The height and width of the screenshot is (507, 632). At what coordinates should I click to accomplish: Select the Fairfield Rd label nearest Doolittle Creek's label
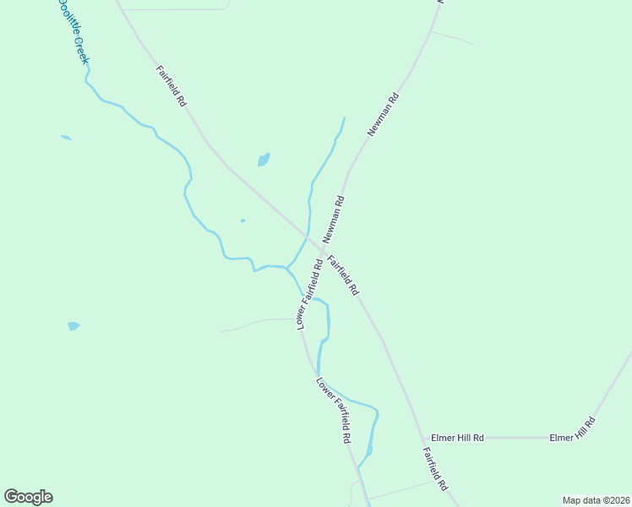[172, 86]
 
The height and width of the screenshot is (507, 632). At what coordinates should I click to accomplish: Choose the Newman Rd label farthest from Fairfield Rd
[383, 115]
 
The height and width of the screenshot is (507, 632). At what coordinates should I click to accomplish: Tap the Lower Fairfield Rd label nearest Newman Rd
[309, 294]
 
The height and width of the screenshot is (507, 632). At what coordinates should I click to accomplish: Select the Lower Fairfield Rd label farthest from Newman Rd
[335, 410]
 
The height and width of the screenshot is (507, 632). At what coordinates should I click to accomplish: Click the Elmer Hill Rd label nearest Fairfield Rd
[457, 438]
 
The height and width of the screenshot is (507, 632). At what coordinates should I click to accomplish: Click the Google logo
[28, 497]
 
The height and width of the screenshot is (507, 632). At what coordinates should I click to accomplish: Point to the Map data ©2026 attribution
[597, 500]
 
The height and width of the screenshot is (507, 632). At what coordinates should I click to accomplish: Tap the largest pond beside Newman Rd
[264, 159]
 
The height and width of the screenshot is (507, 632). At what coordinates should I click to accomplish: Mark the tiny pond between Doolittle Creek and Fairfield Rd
[242, 221]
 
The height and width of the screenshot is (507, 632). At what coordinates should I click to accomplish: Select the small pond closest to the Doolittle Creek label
[66, 137]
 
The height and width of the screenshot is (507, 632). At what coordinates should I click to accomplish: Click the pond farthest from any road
[74, 325]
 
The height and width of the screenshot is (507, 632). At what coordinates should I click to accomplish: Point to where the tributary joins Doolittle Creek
[287, 267]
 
